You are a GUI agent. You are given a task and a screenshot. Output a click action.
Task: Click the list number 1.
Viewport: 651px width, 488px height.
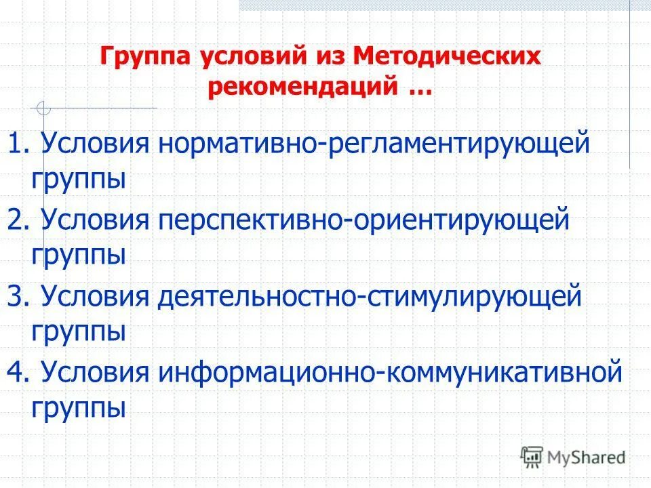pyautogui.click(x=18, y=144)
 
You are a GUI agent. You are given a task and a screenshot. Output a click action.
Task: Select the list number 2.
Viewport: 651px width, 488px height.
pyautogui.click(x=18, y=220)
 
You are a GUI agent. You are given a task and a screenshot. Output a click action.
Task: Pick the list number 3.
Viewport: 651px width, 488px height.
pyautogui.click(x=18, y=297)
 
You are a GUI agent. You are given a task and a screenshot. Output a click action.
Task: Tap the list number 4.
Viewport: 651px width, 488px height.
pyautogui.click(x=18, y=373)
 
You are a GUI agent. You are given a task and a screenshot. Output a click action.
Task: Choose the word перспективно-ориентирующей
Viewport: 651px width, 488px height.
pyautogui.click(x=363, y=221)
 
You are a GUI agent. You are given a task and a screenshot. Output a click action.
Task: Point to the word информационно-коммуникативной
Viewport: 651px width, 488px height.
pyautogui.click(x=390, y=373)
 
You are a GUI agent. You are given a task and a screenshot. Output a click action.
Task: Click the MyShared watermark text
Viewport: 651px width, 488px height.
pyautogui.click(x=587, y=457)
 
